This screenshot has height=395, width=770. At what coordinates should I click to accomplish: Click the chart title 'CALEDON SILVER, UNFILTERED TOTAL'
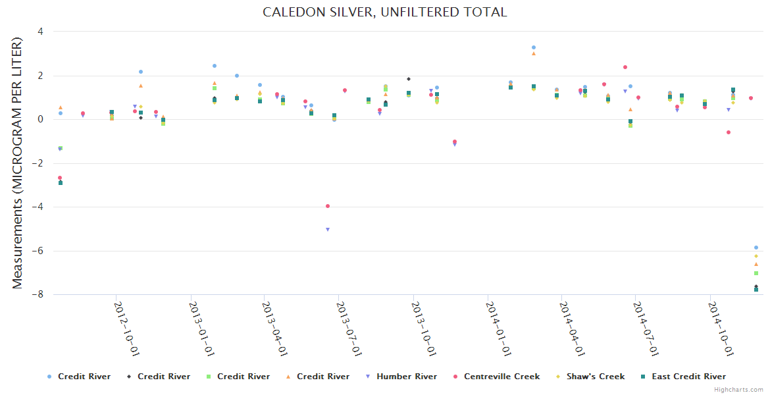pyautogui.click(x=385, y=12)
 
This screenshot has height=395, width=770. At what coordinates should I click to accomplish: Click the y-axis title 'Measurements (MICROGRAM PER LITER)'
pyautogui.click(x=17, y=163)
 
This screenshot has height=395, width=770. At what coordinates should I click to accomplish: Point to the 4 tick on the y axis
pyautogui.click(x=41, y=32)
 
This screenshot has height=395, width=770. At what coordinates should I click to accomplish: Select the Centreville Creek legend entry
pyautogui.click(x=501, y=377)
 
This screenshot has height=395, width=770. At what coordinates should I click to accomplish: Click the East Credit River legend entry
pyautogui.click(x=688, y=377)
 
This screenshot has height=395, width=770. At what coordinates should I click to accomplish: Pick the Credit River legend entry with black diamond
pyautogui.click(x=163, y=377)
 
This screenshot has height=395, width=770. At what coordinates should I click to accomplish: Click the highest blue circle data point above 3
pyautogui.click(x=534, y=47)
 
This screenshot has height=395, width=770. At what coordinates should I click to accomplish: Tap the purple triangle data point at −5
pyautogui.click(x=328, y=230)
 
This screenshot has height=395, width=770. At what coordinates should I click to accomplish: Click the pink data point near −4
pyautogui.click(x=328, y=206)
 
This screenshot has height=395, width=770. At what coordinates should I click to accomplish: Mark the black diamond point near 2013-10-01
pyautogui.click(x=409, y=79)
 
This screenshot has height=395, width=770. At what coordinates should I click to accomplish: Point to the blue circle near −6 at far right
pyautogui.click(x=756, y=248)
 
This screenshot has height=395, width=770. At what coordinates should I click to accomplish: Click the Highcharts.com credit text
pyautogui.click(x=739, y=390)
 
